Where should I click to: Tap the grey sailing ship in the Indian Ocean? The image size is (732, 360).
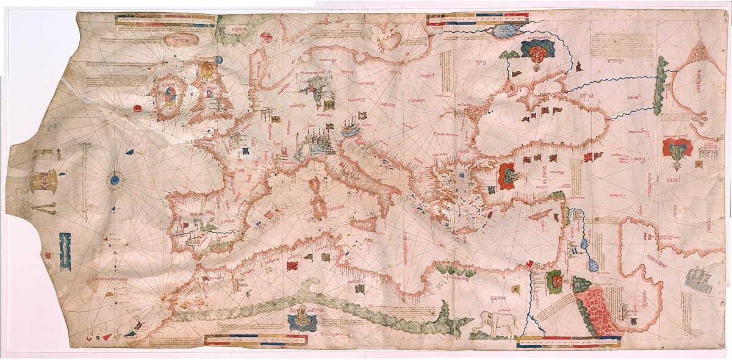pyautogui.click(x=699, y=279)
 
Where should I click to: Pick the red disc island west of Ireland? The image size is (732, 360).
pyautogui.click(x=137, y=109)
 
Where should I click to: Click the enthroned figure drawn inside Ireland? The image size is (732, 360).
pyautogui.click(x=168, y=97)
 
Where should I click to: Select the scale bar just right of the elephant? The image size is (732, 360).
pyautogui.click(x=567, y=344)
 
